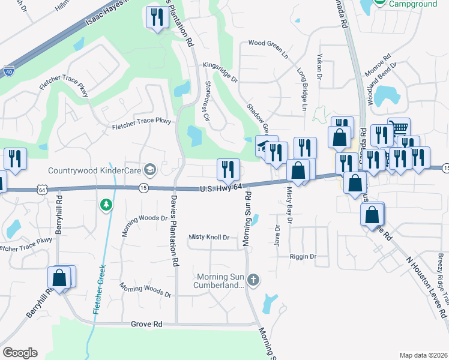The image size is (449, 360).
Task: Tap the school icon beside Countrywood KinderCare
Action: pos(150,170)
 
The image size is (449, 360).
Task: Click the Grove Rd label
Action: pos(146,324)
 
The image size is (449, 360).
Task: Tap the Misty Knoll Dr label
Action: pos(209,237)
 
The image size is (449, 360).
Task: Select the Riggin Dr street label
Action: pos(303,257)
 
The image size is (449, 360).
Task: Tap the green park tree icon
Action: pos(106,205)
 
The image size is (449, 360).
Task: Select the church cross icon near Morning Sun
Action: pos(253,279)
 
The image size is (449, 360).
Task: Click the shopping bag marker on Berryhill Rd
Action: pos(59,277)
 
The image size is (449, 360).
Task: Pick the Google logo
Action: pos(20,353)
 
